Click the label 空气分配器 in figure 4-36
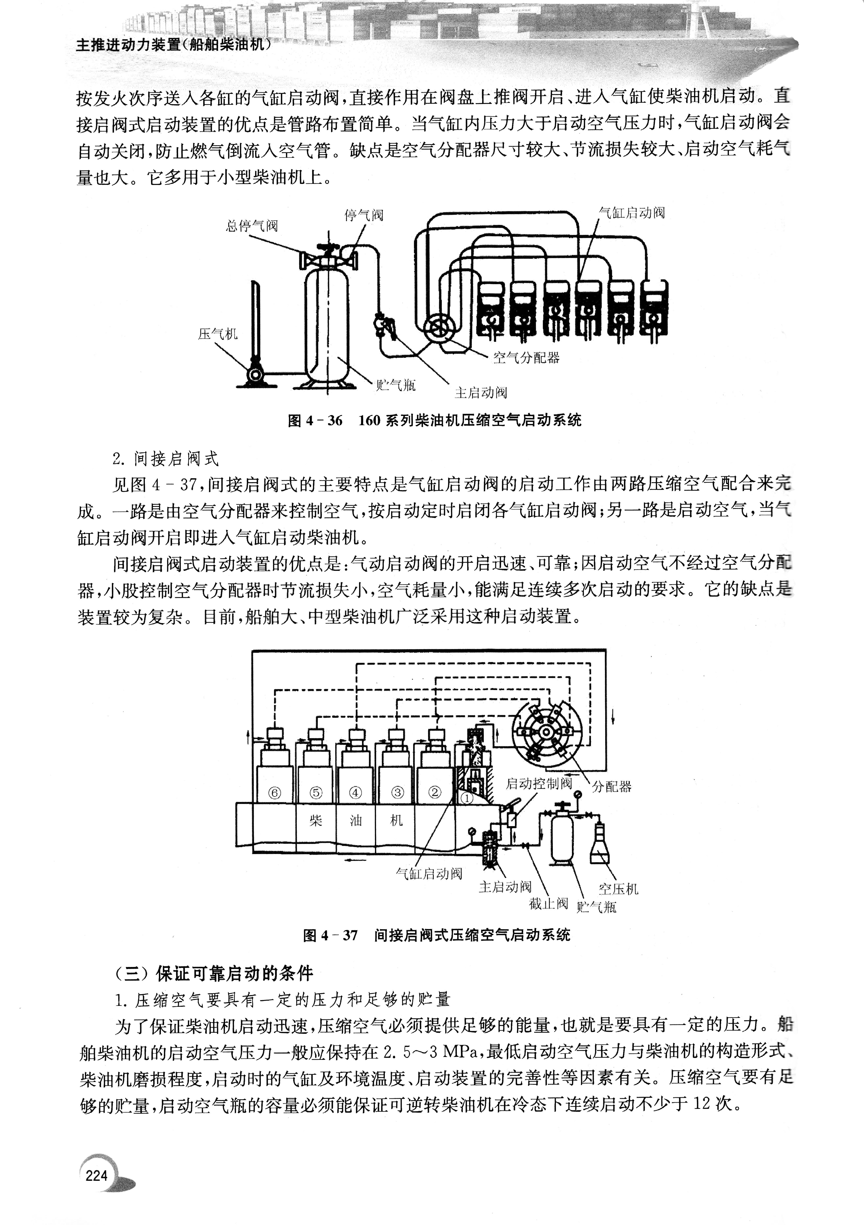click(x=526, y=357)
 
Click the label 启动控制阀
click(x=539, y=783)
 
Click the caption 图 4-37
click(x=436, y=935)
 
